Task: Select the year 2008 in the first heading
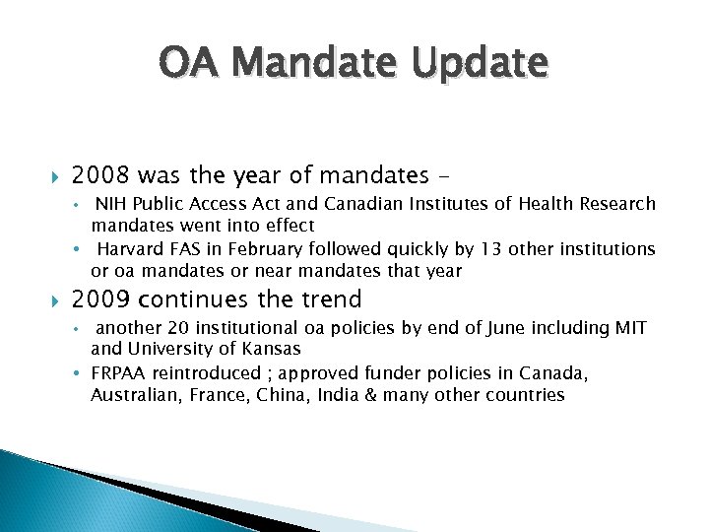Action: tap(101, 176)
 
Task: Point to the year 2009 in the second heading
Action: tap(101, 299)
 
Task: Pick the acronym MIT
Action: tap(631, 327)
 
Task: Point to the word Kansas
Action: tap(273, 349)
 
